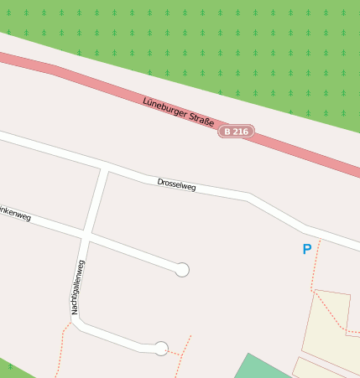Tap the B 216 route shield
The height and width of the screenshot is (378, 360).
[236, 132]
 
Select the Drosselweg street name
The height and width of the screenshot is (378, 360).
[176, 185]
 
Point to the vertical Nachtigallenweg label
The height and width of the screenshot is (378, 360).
[77, 287]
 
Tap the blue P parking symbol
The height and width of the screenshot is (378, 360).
[306, 249]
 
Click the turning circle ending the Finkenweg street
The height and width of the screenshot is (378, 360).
[182, 269]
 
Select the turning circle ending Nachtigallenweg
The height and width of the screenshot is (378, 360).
[161, 348]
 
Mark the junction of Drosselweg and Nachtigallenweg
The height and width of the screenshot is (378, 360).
[106, 168]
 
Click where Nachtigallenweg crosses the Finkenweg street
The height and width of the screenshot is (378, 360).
[86, 234]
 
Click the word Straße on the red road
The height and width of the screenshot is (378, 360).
[199, 120]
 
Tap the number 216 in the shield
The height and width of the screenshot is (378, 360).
[240, 132]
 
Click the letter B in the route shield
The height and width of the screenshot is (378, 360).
[227, 132]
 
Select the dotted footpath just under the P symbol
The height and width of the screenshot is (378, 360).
[315, 268]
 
